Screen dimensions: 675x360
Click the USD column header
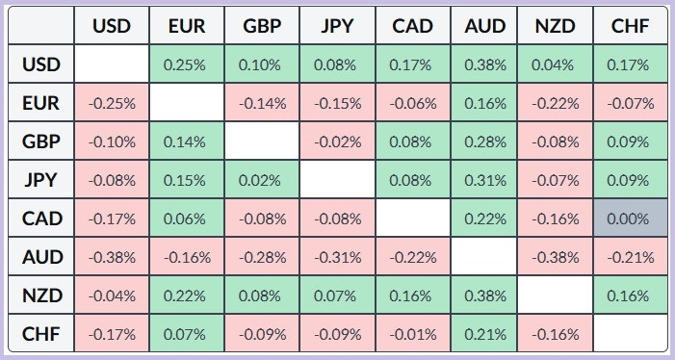tap(112, 25)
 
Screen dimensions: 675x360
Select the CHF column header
tap(631, 25)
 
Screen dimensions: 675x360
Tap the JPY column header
tap(337, 25)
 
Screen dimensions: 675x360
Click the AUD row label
tap(41, 257)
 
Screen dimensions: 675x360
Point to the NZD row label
tap(41, 296)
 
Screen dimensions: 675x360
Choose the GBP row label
tap(41, 141)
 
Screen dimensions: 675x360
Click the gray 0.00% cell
tap(631, 219)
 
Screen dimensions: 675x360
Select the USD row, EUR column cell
tap(187, 64)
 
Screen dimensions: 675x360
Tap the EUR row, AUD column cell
tap(484, 103)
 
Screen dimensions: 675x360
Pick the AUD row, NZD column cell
tap(556, 257)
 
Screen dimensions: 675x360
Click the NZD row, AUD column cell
tap(484, 296)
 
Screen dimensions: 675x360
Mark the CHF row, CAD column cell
tap(413, 333)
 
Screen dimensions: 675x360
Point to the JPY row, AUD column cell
tap(484, 180)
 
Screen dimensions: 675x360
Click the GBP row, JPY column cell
tap(337, 141)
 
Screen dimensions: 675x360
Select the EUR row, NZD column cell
tap(556, 103)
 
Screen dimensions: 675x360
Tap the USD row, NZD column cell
tap(556, 64)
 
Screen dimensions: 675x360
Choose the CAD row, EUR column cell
tap(187, 219)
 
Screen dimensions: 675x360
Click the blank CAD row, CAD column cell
tap(413, 219)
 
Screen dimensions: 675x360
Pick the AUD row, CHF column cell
tap(631, 257)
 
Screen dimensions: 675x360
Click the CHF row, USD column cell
tap(112, 333)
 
